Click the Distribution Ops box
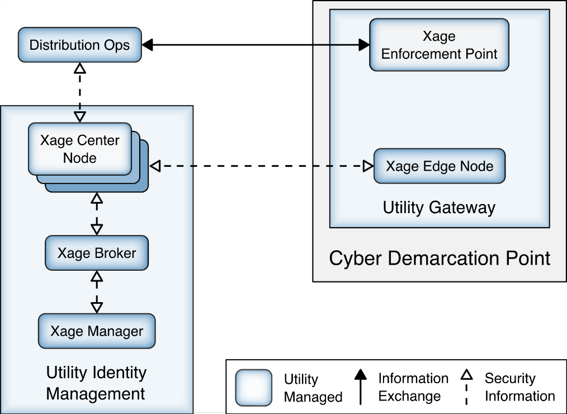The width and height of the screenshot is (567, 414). point(79,45)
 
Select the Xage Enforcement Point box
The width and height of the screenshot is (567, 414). point(439,45)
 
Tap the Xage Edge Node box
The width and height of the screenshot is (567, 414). point(440,166)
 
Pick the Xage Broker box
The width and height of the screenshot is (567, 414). point(97,253)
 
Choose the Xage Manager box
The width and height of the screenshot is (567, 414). point(96,331)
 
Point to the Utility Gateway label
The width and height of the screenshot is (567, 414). point(439,208)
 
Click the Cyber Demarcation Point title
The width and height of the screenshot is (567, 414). point(440,258)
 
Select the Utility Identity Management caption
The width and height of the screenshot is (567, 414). point(96,383)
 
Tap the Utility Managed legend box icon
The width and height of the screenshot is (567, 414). point(253,387)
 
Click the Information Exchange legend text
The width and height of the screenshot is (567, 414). point(413,387)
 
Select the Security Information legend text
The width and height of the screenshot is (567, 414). point(519,387)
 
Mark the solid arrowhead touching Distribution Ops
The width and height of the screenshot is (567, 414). point(148,45)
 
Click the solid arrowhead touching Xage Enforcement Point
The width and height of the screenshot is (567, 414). point(364,45)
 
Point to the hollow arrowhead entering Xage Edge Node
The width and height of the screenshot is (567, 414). point(368,166)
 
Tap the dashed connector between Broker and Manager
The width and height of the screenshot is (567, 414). point(97,291)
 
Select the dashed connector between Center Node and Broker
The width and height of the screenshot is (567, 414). point(97,214)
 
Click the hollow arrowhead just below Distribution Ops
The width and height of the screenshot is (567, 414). point(80,68)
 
